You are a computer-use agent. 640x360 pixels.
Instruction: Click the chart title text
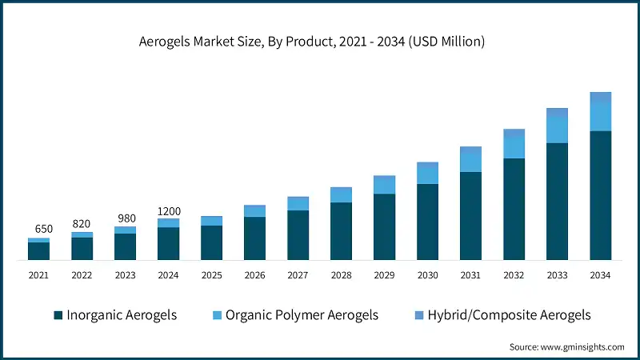point(320,42)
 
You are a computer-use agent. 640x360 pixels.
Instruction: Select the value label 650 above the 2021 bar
point(39,229)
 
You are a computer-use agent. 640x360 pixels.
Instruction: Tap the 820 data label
point(82,223)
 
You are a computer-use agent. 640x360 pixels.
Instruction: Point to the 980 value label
point(126,218)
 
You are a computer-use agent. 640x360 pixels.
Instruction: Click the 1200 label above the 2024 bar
point(169,211)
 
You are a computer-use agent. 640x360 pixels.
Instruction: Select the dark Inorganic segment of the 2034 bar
point(601,195)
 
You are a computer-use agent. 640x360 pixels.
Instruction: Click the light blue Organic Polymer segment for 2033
point(558,130)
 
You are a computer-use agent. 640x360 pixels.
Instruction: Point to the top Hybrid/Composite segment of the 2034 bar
point(601,97)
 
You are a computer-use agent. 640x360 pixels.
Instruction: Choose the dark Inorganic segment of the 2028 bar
point(342,231)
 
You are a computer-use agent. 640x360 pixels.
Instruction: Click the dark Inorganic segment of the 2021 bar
point(39,251)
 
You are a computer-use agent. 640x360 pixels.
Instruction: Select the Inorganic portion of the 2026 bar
point(255,238)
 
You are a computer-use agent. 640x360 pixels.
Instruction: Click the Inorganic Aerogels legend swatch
point(58,315)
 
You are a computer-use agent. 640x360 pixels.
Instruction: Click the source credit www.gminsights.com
point(566,346)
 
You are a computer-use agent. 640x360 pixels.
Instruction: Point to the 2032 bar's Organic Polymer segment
point(514,147)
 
